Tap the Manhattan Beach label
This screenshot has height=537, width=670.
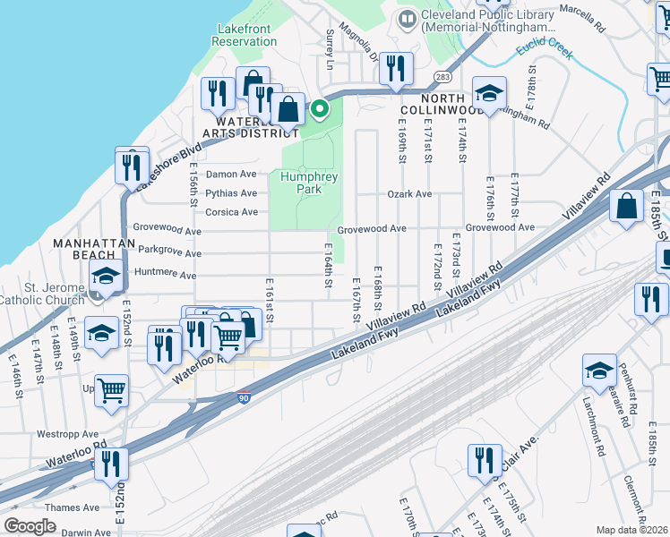(86, 249)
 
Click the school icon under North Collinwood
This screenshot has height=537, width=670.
(489, 94)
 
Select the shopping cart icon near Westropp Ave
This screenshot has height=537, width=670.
(112, 391)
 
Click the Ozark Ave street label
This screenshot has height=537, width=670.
(409, 194)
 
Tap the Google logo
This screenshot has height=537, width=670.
(30, 526)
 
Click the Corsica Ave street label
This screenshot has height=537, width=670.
(231, 212)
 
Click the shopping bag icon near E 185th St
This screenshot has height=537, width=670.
(627, 207)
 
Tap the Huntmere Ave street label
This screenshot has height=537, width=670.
(164, 275)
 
